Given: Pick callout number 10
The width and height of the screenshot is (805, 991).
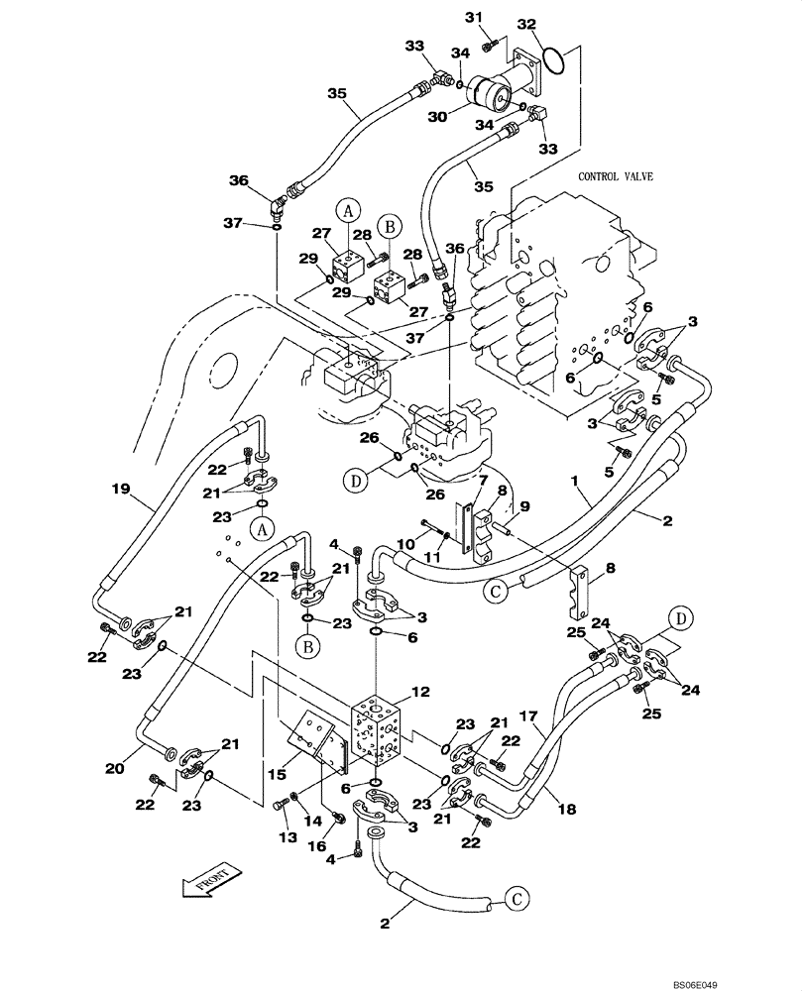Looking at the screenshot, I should (x=406, y=543).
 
